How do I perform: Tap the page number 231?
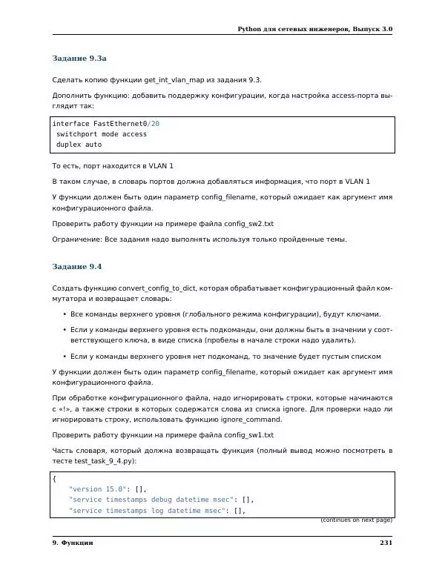click(x=385, y=543)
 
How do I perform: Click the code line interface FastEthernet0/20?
click(x=105, y=124)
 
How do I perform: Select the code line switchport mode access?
click(x=102, y=134)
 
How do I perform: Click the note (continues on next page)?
click(x=356, y=520)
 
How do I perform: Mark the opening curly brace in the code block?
click(x=54, y=479)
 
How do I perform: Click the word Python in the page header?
click(x=251, y=29)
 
